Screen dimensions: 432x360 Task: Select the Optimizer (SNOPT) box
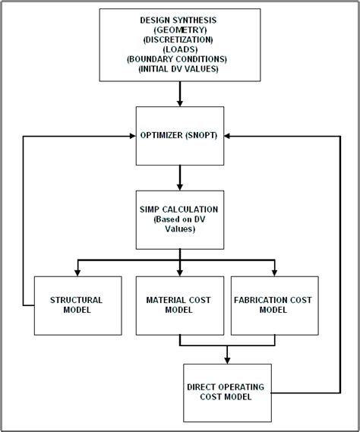coord(179,136)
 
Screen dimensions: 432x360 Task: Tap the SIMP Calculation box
coord(179,219)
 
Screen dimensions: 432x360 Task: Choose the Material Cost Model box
coord(179,305)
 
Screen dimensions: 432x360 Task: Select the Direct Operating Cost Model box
coord(228,392)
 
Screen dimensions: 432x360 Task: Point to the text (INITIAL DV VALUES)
coord(179,68)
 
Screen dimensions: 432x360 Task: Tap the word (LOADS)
coord(179,48)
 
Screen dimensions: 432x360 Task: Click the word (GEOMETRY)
coord(179,28)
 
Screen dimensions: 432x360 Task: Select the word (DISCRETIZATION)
coord(179,38)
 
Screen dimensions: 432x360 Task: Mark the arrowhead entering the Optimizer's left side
coord(131,136)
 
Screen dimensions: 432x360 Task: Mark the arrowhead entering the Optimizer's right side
coord(229,136)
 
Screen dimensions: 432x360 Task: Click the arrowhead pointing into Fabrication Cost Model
coord(274,270)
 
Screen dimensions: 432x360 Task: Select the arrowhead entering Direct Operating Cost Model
coord(228,358)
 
